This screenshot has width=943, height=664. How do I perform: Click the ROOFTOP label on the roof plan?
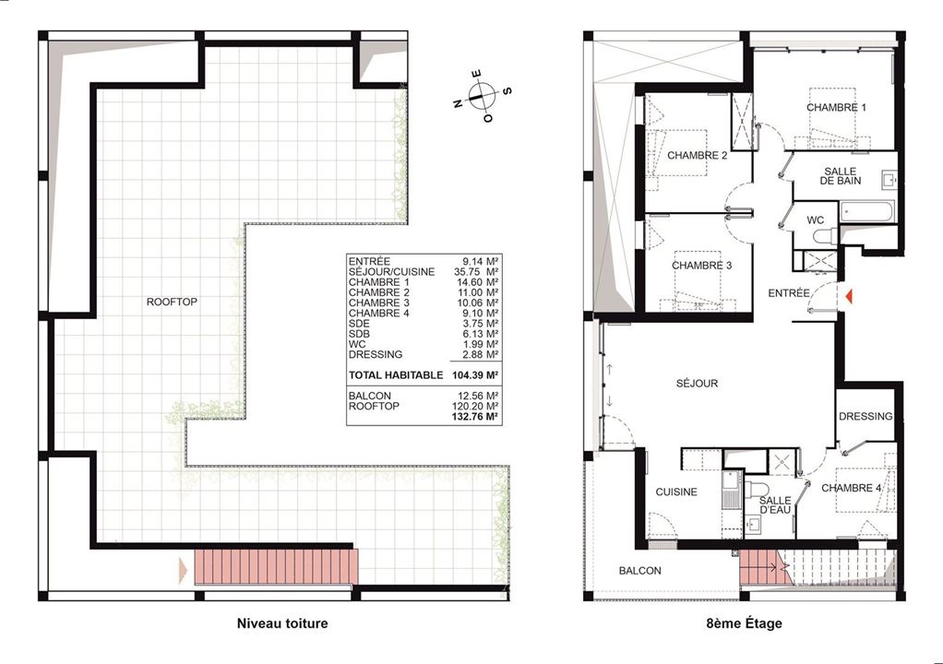172,302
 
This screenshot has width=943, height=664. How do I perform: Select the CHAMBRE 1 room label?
836,108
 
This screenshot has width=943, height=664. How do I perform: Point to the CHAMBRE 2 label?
697,155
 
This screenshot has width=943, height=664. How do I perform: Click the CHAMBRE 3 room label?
702,265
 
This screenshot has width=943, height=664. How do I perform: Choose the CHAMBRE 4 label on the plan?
852,488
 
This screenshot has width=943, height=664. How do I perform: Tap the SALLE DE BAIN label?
841,175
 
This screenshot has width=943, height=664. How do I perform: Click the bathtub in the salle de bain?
866,212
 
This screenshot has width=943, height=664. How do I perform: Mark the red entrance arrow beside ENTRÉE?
849,296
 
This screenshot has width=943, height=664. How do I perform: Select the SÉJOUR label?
697,383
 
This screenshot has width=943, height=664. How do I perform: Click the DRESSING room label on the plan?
865,416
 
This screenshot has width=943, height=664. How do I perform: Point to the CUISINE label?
676,492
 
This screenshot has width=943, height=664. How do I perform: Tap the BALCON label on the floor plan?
640,570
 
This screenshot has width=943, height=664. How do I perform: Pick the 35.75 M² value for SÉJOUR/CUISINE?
476,272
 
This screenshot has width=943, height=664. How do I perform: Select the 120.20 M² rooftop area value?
475,406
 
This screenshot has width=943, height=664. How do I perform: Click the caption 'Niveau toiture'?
282,623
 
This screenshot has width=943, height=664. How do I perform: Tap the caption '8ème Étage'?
744,623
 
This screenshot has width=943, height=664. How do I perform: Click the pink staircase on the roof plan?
276,566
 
